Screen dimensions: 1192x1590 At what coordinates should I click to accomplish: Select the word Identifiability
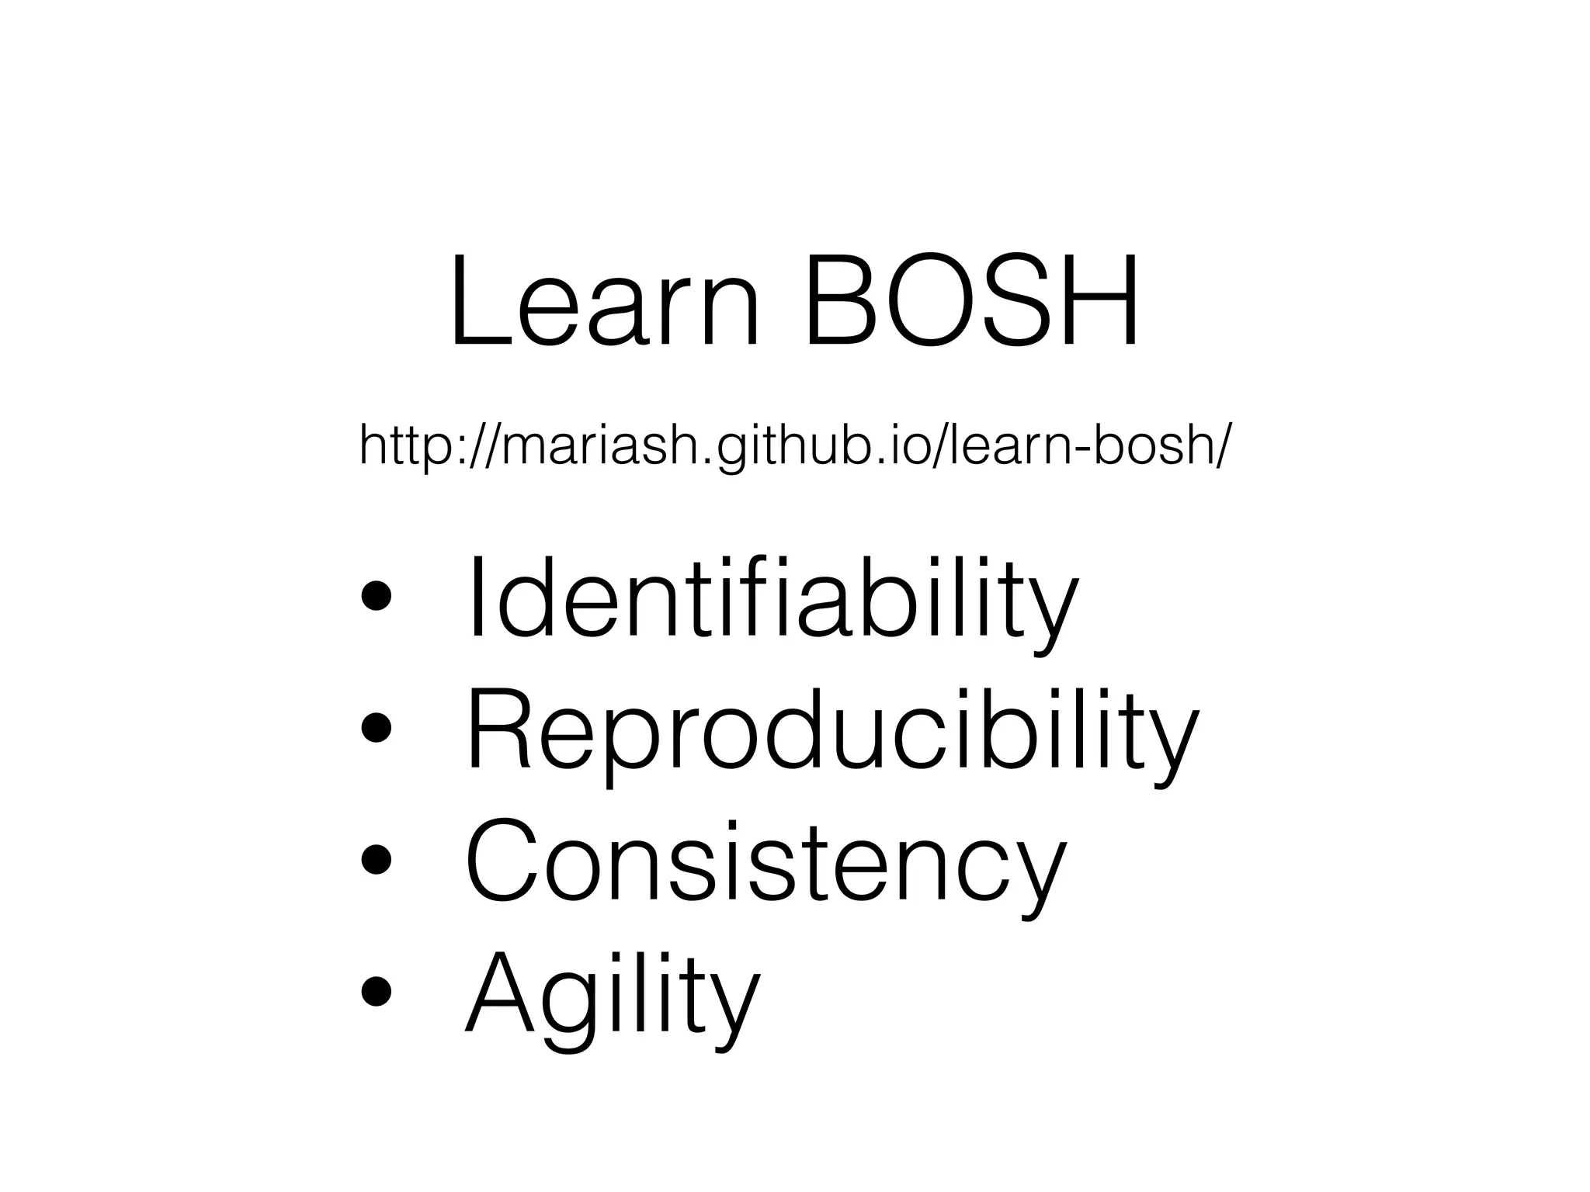click(x=772, y=598)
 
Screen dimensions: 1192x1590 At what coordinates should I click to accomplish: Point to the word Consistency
click(x=765, y=861)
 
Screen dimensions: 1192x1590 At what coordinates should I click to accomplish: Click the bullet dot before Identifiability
click(x=376, y=598)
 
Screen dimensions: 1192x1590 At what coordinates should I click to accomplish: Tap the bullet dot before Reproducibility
click(x=376, y=729)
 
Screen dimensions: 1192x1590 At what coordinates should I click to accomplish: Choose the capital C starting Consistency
click(x=505, y=861)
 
